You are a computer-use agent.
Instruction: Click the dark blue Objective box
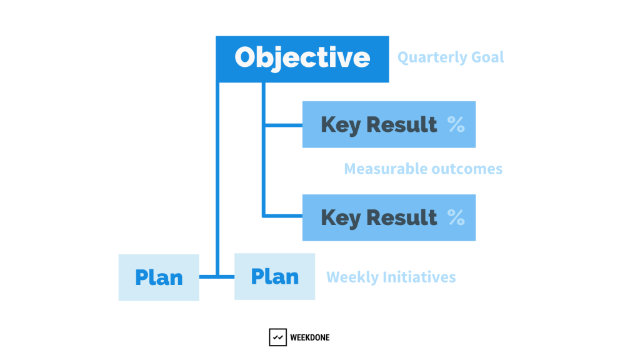pos(302,59)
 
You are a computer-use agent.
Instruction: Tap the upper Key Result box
pos(389,124)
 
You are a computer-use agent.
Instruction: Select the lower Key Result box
pos(389,217)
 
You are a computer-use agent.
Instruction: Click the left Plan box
pos(159,277)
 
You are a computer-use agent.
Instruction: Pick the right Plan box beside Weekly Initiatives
pos(275,277)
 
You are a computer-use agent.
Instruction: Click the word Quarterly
pos(432,57)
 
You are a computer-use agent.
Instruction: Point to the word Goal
pos(487,57)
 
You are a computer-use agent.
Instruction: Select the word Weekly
pos(352,277)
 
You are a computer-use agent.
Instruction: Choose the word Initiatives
pos(419,277)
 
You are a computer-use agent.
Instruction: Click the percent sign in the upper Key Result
pos(456,124)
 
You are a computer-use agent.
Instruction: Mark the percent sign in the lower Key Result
pos(456,217)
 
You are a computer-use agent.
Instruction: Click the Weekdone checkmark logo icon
pos(278,337)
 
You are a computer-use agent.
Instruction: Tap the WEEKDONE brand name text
pos(310,337)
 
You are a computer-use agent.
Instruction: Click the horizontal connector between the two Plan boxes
pos(217,277)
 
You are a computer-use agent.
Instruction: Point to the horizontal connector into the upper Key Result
pos(284,125)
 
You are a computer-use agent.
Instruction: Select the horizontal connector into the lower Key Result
pos(284,216)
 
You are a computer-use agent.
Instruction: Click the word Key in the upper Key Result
pos(341,125)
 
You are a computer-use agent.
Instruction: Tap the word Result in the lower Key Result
pos(402,217)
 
